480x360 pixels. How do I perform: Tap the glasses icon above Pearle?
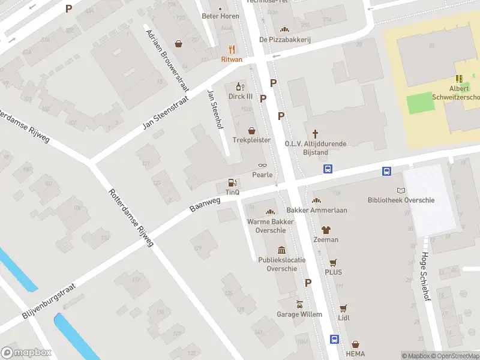[x=262, y=166]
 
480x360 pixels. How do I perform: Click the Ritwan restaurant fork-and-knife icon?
[x=232, y=50]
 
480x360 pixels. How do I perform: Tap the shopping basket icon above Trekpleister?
[x=251, y=130]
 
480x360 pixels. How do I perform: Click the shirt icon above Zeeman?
[x=326, y=230]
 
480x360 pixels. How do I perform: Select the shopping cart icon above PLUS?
[x=333, y=262]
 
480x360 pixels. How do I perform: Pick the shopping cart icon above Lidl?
[x=343, y=308]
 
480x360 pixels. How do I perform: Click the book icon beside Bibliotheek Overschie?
[x=401, y=190]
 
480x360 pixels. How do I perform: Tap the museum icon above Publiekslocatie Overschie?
[x=281, y=250]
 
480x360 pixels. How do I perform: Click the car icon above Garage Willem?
[x=299, y=304]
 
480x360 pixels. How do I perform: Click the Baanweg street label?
[x=205, y=205]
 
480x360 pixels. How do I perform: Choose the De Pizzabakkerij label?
[x=285, y=40]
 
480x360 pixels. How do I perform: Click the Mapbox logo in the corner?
[x=26, y=353]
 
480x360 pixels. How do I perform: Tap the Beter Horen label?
[x=220, y=16]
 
